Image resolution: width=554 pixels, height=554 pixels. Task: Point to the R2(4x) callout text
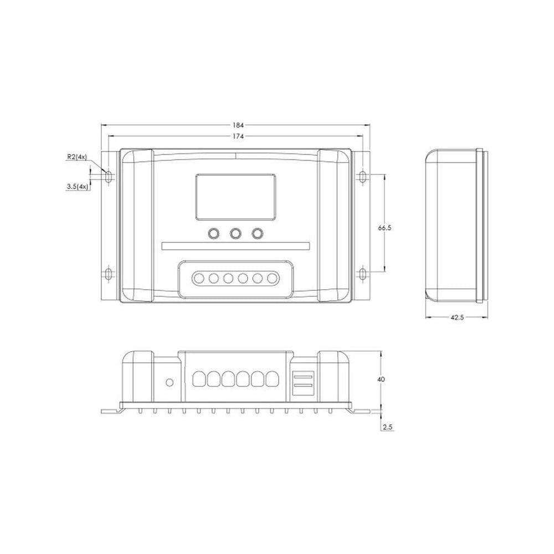[76, 157]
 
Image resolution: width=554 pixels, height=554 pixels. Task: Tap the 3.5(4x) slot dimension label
[77, 187]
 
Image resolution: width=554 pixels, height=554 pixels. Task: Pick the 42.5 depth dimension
[456, 318]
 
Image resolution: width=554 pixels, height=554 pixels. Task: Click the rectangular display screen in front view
[235, 196]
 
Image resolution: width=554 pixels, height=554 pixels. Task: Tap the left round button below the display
[213, 234]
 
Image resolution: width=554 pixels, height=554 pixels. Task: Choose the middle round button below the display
[235, 234]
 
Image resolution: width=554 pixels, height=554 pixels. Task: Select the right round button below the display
[257, 234]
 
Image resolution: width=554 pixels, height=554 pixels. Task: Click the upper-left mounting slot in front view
[109, 176]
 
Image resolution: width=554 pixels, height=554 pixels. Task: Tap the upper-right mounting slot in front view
[362, 176]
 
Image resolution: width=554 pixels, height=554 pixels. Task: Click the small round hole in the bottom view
[170, 382]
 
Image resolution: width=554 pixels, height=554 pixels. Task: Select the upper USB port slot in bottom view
[302, 375]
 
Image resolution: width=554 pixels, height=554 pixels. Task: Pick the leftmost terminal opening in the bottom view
[199, 379]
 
